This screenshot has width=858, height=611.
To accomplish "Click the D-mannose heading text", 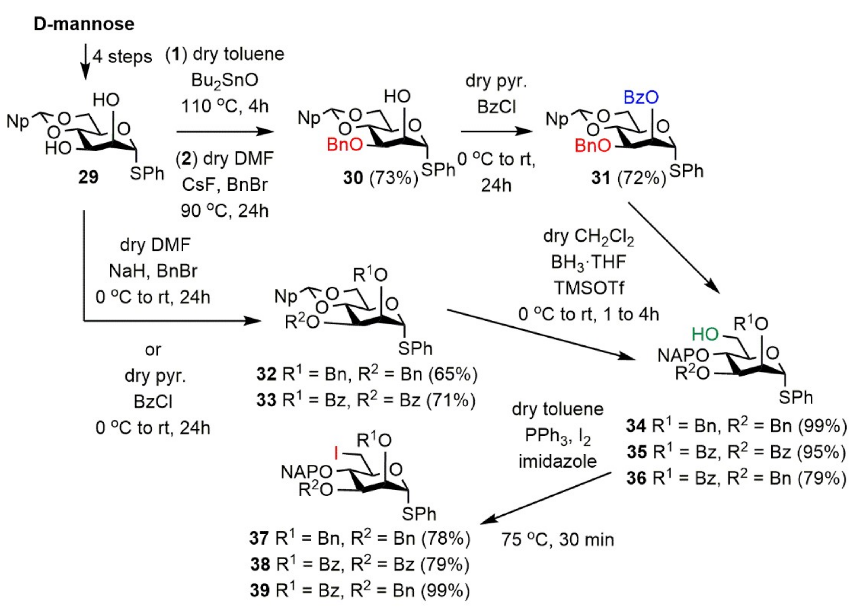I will tap(84, 24).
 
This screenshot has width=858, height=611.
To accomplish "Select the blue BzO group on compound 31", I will tap(641, 97).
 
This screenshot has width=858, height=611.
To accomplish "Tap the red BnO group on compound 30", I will tap(344, 145).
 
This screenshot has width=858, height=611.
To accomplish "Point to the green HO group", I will tap(705, 334).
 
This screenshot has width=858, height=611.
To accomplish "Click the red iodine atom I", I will tap(336, 454).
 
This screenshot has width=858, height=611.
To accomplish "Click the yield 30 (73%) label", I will tap(380, 178).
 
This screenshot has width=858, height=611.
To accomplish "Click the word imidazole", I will tap(557, 461).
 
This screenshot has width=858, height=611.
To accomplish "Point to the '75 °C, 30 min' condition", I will tap(557, 540).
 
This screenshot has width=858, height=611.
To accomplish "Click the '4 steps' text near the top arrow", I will tap(122, 57).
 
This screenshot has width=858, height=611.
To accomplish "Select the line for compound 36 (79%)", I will tap(736, 478).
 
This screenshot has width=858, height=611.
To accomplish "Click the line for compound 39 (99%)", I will tap(360, 590).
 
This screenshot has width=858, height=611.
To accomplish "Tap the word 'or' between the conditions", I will tap(153, 350).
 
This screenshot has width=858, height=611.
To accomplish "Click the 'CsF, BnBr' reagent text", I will tap(225, 185).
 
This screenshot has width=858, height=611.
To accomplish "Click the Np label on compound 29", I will tap(17, 122).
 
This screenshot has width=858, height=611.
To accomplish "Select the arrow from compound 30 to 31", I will tap(496, 131).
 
